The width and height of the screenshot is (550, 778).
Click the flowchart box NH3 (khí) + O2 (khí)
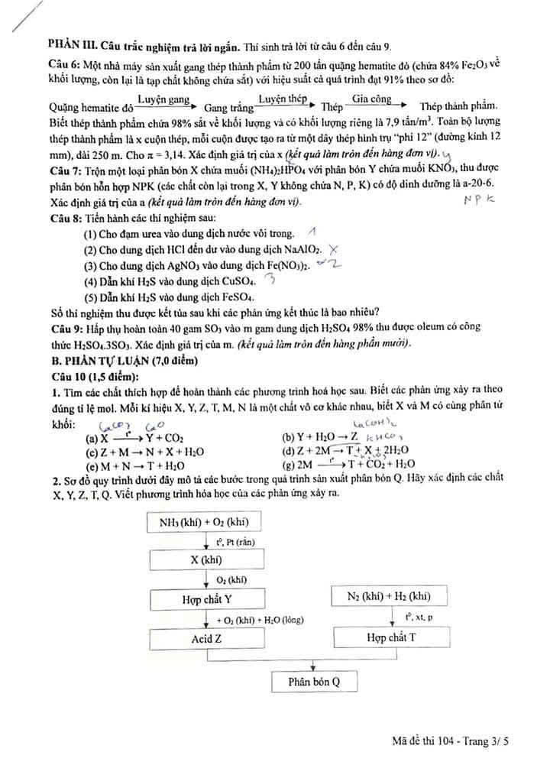pos(205,523)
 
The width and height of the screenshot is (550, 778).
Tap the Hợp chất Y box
pos(205,599)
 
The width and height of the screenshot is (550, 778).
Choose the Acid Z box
pos(205,638)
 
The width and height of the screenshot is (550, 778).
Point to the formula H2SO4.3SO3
pos(98,345)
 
